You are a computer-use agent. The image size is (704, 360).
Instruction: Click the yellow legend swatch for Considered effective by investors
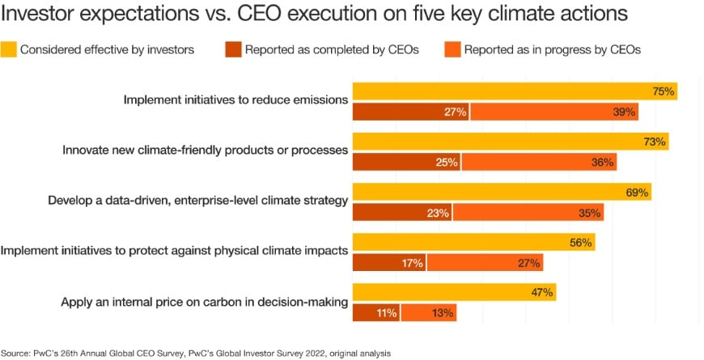point(10,49)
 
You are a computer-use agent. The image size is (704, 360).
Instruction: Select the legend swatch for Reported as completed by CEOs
point(234,49)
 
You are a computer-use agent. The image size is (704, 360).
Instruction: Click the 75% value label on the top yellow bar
point(664,91)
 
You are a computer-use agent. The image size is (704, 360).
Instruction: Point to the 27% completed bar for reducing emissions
point(411,112)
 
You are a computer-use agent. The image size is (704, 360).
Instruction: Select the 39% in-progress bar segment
point(554,112)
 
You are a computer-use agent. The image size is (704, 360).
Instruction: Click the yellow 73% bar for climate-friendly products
point(510,142)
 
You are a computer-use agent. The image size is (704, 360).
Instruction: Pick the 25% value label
point(447,162)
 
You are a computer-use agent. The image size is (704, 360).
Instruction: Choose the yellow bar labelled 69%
point(502,193)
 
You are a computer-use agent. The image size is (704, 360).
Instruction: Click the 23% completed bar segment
point(402,213)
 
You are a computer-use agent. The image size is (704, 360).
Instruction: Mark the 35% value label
point(590,213)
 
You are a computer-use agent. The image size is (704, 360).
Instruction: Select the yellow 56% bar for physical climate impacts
point(473,242)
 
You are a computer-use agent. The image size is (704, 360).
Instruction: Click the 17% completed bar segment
point(389,262)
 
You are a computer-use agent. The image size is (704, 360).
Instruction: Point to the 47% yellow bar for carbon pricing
point(454,292)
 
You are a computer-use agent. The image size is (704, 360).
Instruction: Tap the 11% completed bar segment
point(376,312)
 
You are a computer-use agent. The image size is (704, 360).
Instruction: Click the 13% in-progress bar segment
point(428,312)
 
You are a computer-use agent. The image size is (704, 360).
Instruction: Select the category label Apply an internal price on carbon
point(204,302)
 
